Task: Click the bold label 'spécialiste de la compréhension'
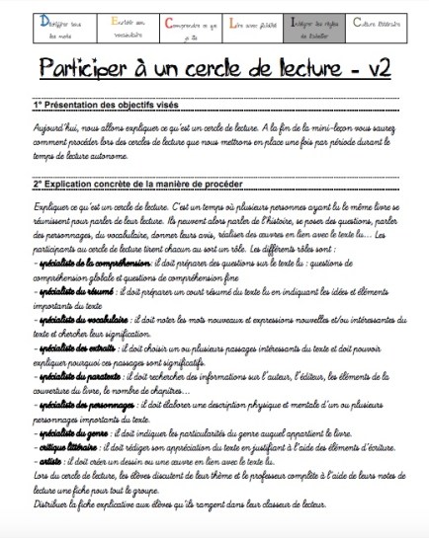(x=93, y=264)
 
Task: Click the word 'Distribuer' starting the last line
(x=53, y=504)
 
